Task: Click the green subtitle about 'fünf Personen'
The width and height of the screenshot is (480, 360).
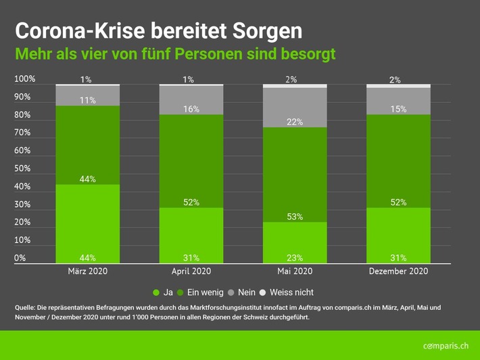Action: [x=175, y=53]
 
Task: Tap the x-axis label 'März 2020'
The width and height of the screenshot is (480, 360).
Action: [x=87, y=271]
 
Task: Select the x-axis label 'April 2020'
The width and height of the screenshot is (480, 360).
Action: [x=191, y=271]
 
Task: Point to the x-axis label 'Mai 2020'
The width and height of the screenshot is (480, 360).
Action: [x=295, y=271]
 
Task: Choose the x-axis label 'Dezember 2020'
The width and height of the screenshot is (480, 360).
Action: [x=398, y=271]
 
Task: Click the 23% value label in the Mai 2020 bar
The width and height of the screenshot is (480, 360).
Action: [x=295, y=257]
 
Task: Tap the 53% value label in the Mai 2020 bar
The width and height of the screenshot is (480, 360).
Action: [x=295, y=217]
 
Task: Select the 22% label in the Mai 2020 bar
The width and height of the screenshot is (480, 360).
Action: [x=295, y=122]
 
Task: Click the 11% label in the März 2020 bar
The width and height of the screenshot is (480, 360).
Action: [x=87, y=100]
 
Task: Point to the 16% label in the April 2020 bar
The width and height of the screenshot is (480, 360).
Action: [x=191, y=109]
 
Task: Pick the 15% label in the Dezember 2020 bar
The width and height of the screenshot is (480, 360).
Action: [x=398, y=109]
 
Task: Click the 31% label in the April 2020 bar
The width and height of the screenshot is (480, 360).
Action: [x=191, y=257]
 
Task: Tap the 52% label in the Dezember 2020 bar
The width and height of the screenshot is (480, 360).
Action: [x=398, y=202]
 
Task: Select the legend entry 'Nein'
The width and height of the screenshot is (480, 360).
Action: [x=241, y=292]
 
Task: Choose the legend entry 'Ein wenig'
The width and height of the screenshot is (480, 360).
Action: [x=199, y=292]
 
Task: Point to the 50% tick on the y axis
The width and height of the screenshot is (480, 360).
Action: [x=22, y=168]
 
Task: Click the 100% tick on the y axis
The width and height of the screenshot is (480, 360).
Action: [x=24, y=79]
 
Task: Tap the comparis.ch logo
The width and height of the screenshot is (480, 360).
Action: [x=446, y=346]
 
